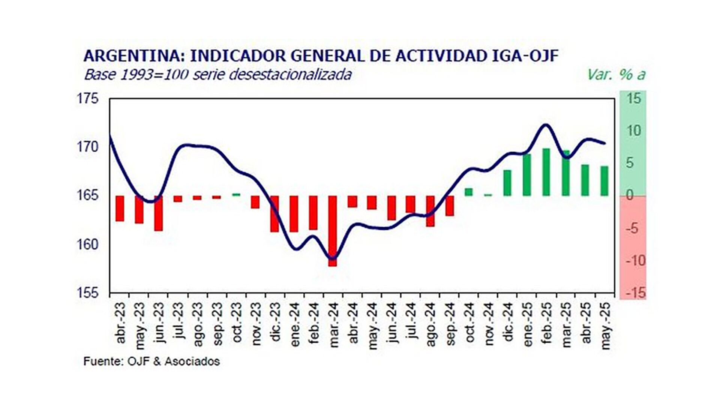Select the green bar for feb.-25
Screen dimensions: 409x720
(x=546, y=172)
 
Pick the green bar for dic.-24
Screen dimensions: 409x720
(x=507, y=183)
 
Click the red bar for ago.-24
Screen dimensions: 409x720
(x=430, y=211)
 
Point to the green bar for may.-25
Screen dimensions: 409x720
(x=604, y=181)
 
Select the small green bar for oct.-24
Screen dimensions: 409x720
(x=469, y=192)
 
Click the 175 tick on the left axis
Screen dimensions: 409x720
(x=87, y=99)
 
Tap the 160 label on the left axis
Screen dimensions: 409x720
(x=87, y=245)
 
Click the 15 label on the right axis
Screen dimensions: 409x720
(x=634, y=99)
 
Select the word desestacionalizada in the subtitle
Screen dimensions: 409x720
(x=290, y=75)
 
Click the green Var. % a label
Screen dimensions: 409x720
(x=616, y=75)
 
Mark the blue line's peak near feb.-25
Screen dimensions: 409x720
(x=545, y=125)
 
